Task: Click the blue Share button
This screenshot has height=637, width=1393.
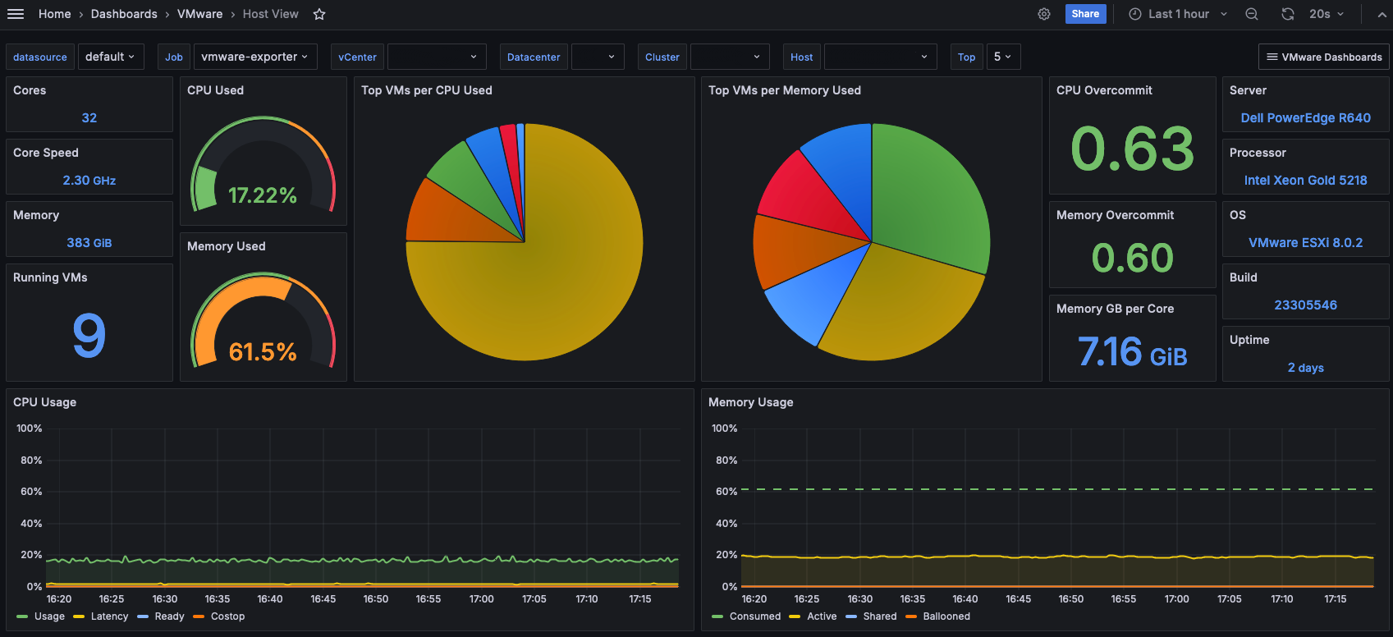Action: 1085,14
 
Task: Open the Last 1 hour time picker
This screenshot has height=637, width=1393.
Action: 1178,14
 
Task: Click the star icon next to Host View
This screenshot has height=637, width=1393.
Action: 319,14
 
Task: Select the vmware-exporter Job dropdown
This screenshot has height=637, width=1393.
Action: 255,57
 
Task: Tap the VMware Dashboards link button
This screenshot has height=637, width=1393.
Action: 1323,57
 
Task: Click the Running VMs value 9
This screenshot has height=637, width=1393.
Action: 89,335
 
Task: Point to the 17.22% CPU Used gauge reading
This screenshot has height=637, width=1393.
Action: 263,195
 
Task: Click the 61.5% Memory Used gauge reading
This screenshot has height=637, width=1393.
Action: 263,352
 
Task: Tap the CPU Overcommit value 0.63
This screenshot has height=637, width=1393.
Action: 1132,149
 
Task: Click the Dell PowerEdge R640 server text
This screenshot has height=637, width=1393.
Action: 1305,118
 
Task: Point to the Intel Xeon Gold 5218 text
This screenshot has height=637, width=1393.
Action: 1305,181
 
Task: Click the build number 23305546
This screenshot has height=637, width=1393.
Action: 1305,305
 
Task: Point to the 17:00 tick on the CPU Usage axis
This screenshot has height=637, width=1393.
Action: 481,598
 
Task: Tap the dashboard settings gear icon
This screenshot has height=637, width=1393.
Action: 1044,14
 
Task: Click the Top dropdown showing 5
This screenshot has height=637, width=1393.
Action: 1001,57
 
